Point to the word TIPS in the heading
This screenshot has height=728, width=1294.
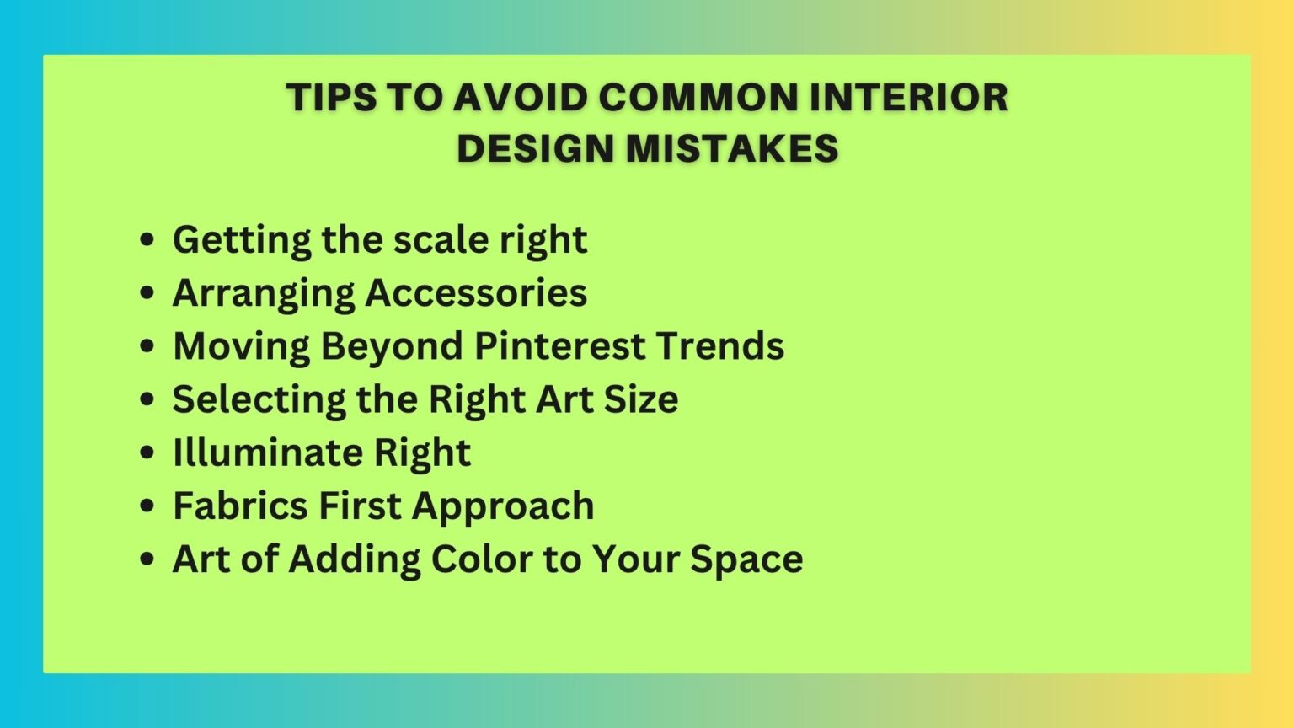tap(331, 97)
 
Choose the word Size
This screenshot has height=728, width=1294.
tap(640, 399)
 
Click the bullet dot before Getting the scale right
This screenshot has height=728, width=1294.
tap(147, 240)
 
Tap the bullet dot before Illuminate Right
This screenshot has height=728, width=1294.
tap(147, 453)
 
